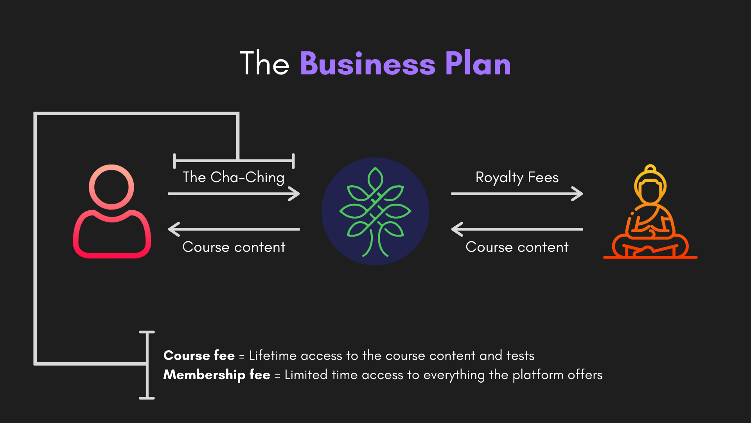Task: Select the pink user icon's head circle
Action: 111,187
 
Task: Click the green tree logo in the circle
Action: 375,211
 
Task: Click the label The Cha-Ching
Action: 234,177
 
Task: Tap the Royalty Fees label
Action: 517,177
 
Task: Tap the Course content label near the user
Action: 234,247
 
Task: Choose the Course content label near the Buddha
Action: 517,247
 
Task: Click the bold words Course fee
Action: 199,355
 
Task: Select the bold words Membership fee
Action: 216,375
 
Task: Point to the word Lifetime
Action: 273,355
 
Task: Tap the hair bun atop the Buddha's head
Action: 650,169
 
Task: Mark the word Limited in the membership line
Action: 305,375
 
